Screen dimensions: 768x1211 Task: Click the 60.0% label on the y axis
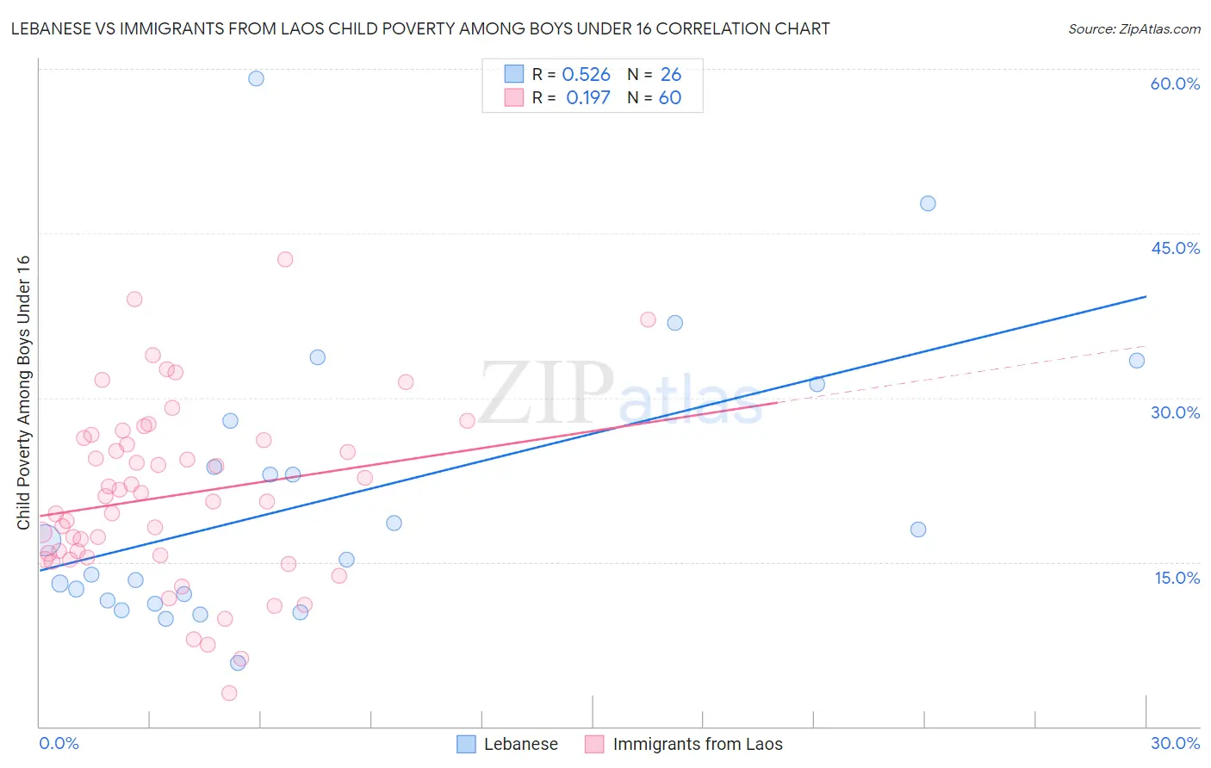pyautogui.click(x=1175, y=84)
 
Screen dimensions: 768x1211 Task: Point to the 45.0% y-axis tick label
pyautogui.click(x=1175, y=248)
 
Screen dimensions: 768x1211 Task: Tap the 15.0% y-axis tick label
pyautogui.click(x=1177, y=578)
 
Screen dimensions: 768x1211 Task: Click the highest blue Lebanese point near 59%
pyautogui.click(x=256, y=78)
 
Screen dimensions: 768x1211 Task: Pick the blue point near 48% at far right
pyautogui.click(x=928, y=203)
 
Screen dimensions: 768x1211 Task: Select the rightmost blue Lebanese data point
pyautogui.click(x=1137, y=361)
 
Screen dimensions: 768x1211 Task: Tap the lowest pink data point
pyautogui.click(x=229, y=693)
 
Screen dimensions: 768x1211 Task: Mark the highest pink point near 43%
pyautogui.click(x=285, y=259)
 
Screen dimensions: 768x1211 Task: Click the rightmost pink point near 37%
pyautogui.click(x=648, y=319)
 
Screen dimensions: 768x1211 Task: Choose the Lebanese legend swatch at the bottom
pyautogui.click(x=466, y=744)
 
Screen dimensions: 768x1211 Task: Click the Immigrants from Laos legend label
pyautogui.click(x=698, y=744)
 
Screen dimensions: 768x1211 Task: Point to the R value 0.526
pyautogui.click(x=586, y=75)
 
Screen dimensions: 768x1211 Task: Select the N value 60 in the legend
pyautogui.click(x=670, y=98)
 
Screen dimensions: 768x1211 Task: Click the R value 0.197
pyautogui.click(x=588, y=98)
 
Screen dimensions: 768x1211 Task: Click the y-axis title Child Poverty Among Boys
pyautogui.click(x=23, y=393)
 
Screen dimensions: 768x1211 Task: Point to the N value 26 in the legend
pyautogui.click(x=670, y=75)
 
